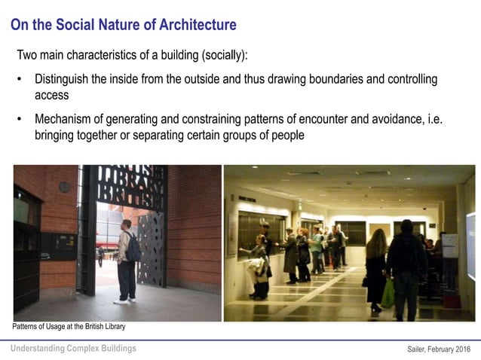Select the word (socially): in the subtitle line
220,56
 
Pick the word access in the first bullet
51,96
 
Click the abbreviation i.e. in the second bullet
421,119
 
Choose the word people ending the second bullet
286,136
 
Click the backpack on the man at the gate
133,246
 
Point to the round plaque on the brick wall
64,186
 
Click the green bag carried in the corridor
388,294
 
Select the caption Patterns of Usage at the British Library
69,327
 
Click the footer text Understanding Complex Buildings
73,348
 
